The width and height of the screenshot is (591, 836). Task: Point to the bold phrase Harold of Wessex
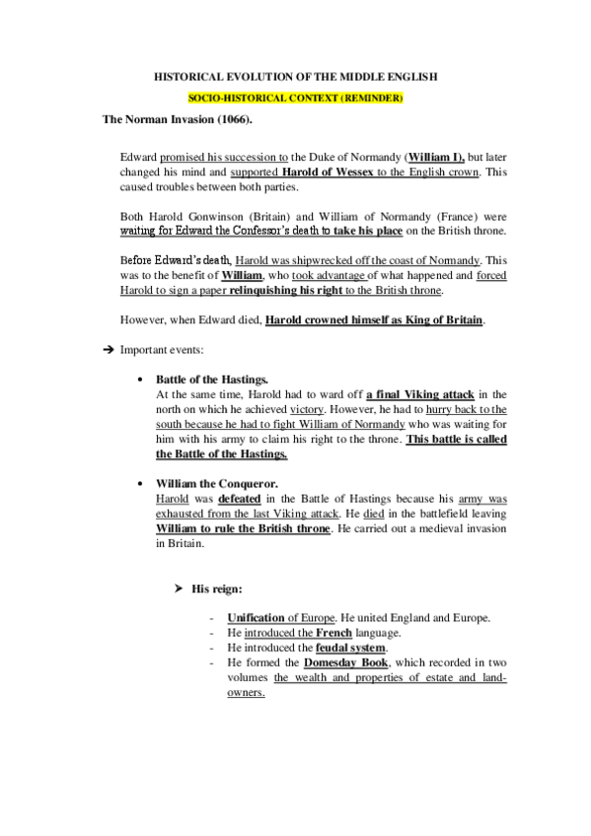click(300, 172)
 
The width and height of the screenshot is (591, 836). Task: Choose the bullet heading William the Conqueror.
click(217, 484)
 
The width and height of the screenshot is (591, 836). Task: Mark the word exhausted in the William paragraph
click(184, 515)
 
